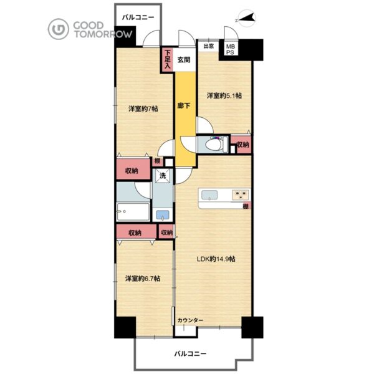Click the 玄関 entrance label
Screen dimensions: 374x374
coord(184,60)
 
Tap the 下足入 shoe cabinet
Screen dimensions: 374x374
coord(168,60)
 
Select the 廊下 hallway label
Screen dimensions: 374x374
coord(184,105)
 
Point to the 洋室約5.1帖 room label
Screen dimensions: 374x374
coord(224,96)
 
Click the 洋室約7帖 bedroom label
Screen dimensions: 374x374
coord(143,108)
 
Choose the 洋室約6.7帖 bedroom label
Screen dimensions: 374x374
coord(143,279)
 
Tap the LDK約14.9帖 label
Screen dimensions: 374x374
coord(216,259)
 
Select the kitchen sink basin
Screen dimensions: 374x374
coord(209,195)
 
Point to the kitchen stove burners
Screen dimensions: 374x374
coord(241,194)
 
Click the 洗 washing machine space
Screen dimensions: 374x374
coord(163,176)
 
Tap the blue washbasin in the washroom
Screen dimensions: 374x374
coord(163,215)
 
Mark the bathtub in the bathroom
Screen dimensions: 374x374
coord(133,212)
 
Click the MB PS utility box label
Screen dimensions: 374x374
coord(231,50)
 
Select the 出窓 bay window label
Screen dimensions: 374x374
coord(208,46)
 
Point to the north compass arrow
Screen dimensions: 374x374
coord(247,18)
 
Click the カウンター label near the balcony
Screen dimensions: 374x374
coord(190,320)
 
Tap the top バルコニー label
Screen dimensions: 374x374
coord(138,17)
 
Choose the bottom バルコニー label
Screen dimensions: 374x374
coord(190,353)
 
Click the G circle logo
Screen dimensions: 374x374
coord(58,29)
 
